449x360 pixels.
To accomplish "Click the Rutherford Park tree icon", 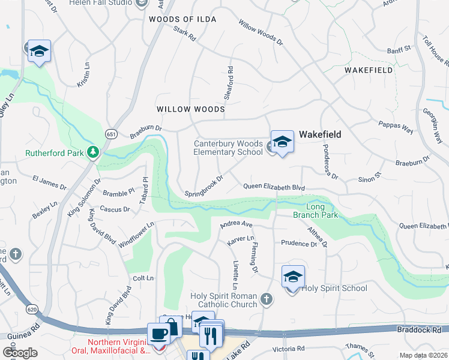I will tap(92, 152).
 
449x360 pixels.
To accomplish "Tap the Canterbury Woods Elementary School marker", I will tap(282, 142).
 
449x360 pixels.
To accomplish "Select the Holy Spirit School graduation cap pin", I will tap(292, 277).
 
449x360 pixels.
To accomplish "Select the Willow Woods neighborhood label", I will tap(190, 110).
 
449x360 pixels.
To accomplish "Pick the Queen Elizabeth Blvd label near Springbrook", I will tap(274, 187).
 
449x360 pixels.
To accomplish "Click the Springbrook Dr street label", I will tap(204, 186).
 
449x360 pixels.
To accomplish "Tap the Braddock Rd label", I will tap(418, 329).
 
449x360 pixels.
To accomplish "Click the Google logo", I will tap(20, 352).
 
